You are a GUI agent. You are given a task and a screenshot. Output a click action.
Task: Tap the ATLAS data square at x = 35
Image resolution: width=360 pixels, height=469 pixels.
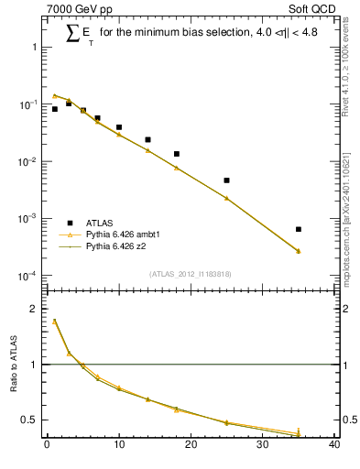point(299,229)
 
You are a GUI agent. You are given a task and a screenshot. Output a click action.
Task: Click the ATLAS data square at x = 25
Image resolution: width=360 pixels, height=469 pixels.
point(226,180)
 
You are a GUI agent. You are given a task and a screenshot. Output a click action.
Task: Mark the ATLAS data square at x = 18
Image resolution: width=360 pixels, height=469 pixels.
point(176,154)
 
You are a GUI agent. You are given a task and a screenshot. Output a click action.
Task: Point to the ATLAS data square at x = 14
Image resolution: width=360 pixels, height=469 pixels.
point(147,140)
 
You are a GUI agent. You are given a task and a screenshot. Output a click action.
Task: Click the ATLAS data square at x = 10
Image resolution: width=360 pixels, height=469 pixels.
point(119,127)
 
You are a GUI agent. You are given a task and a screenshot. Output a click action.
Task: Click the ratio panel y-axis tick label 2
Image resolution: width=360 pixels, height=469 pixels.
point(35,309)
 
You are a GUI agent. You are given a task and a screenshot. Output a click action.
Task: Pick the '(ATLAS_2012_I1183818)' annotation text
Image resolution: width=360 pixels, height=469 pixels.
point(191,273)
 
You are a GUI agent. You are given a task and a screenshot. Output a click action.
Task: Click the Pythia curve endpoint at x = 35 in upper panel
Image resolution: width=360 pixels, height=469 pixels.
point(299,251)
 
